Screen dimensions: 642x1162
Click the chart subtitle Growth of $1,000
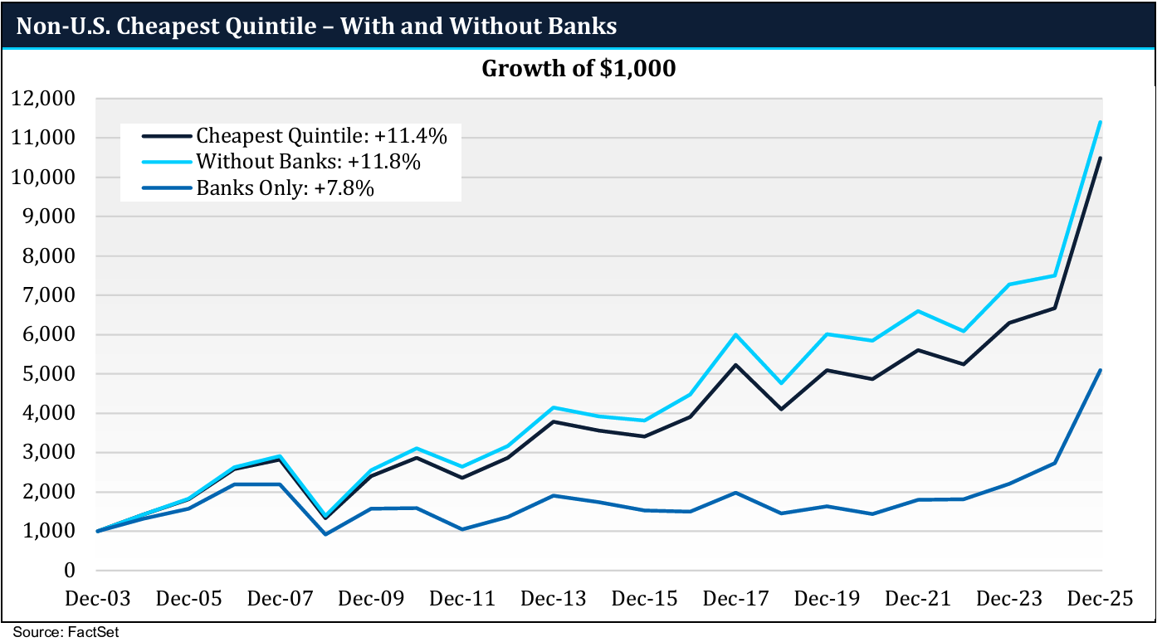[x=579, y=69]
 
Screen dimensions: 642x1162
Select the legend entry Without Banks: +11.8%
[x=308, y=162]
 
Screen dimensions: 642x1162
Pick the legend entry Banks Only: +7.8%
[x=285, y=188]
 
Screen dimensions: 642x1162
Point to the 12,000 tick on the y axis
[x=46, y=99]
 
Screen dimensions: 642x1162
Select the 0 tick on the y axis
[x=71, y=571]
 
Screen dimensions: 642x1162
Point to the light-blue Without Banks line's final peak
[x=1101, y=122]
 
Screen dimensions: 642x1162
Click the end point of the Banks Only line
[x=1101, y=370]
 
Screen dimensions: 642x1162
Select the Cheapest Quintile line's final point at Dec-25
[x=1101, y=158]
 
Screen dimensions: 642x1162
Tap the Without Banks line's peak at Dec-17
[x=736, y=334]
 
